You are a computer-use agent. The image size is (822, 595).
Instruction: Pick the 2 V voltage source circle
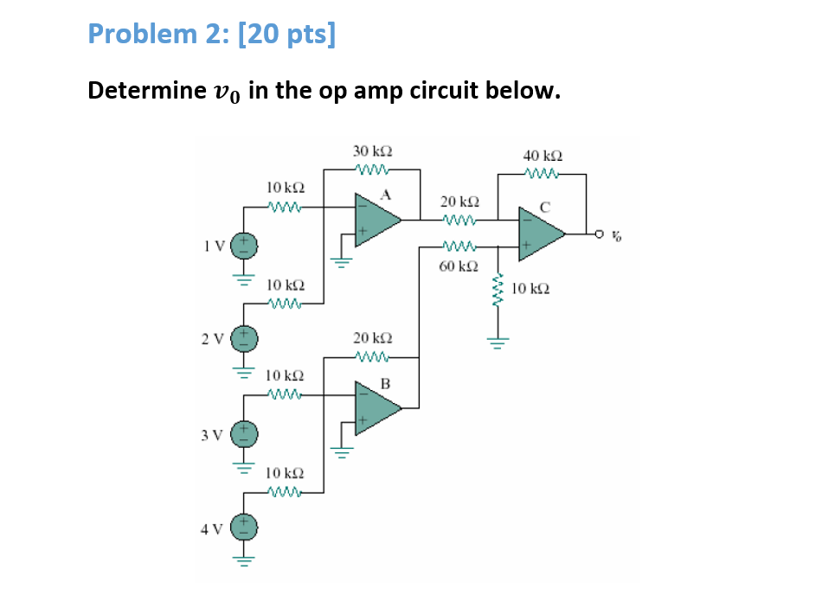click(244, 338)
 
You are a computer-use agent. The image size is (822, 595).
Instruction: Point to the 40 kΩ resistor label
click(543, 156)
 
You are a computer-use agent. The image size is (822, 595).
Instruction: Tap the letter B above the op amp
click(385, 381)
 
